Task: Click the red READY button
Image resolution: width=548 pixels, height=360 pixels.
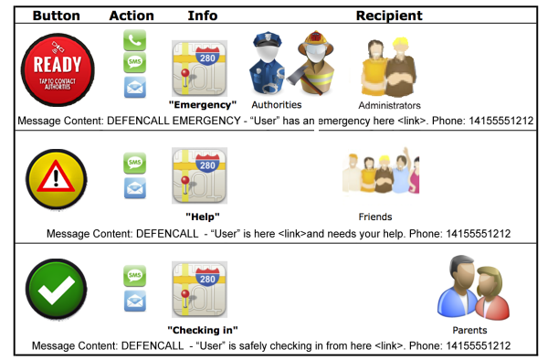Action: coord(57,68)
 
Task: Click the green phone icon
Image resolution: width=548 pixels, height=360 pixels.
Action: coord(135,40)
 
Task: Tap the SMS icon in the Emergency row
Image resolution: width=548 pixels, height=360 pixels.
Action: coord(135,63)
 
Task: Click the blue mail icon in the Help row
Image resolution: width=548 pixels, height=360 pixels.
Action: coord(135,188)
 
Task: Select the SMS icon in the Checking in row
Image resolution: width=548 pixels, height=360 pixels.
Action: coord(135,274)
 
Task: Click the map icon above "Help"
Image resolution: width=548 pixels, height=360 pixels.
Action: coord(199,175)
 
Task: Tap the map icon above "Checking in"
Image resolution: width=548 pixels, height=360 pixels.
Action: coord(199,290)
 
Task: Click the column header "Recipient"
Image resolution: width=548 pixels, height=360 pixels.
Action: coord(389,16)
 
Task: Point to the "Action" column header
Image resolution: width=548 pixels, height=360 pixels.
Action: coord(132,16)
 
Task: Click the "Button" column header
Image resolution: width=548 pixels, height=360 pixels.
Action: coord(56,16)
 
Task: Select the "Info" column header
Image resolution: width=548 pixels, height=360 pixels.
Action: coord(202,16)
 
